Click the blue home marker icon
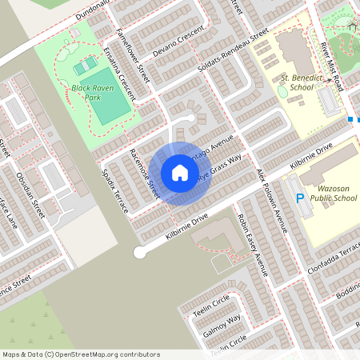pos(179,173)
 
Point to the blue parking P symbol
pos(300,199)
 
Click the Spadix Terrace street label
pos(114,189)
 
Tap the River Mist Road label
pos(330,60)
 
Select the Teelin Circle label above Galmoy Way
pos(211,302)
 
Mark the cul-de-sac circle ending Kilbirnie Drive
pos(140,252)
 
